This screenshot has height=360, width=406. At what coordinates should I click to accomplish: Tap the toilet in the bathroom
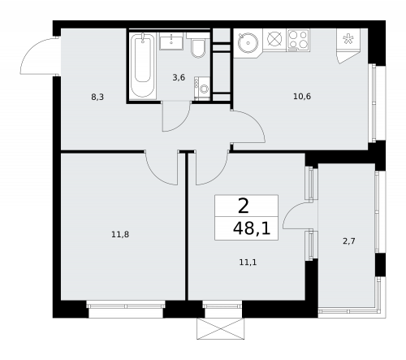(197, 50)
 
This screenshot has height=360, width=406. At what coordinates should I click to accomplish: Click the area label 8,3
(97, 96)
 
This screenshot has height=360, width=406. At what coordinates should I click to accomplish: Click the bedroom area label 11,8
(119, 235)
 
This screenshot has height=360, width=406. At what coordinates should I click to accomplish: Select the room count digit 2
(243, 206)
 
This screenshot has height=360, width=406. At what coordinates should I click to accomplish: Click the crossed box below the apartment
(219, 329)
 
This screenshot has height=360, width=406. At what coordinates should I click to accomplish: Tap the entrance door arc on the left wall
(41, 56)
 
